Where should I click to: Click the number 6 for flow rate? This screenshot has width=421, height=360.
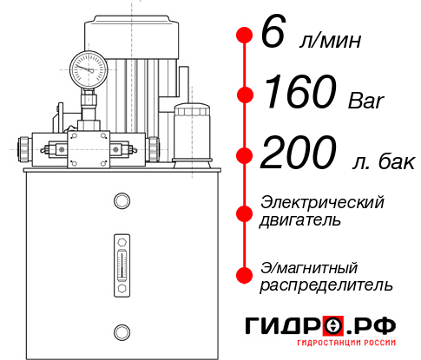272,35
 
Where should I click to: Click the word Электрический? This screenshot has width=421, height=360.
322,202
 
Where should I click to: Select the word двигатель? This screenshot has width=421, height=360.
300,220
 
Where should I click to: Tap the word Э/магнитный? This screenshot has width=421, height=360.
310,266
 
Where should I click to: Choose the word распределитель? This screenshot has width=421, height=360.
326,285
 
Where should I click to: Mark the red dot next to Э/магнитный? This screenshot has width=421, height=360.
245,274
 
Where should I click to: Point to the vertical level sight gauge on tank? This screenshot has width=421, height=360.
121,259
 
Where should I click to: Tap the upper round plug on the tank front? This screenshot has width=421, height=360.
121,201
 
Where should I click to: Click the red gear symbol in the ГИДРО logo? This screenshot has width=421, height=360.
333,326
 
